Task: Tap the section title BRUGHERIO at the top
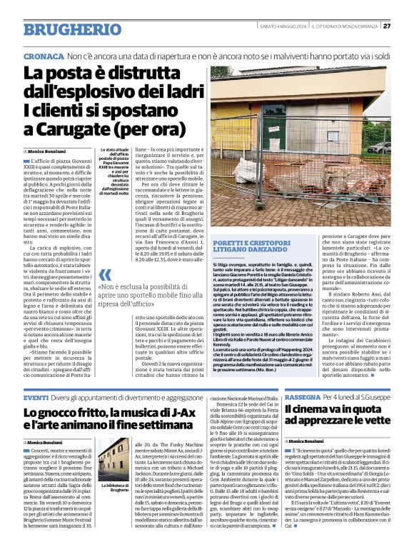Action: (62, 29)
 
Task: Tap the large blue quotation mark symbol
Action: (106, 275)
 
